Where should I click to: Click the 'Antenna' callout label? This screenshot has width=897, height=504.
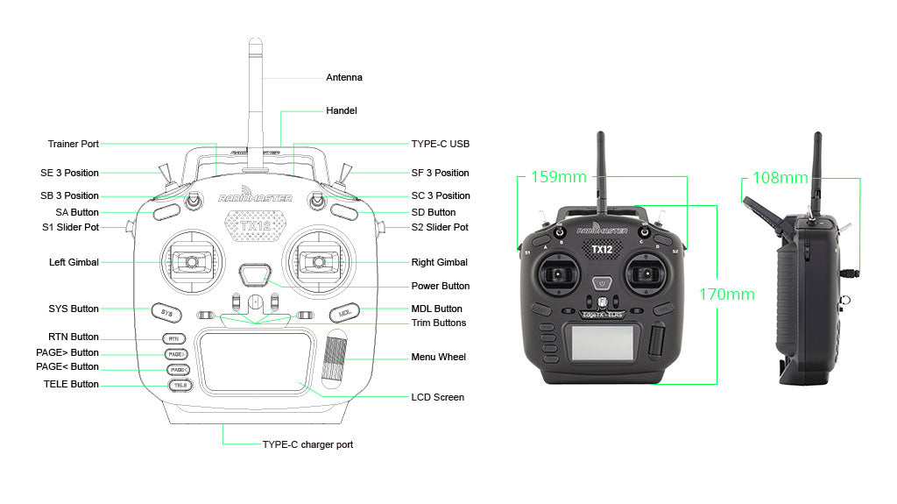click(343, 77)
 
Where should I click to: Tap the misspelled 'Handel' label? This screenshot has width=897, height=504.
click(341, 110)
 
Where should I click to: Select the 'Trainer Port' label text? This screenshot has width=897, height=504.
click(73, 144)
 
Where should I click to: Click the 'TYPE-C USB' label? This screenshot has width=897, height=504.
click(440, 144)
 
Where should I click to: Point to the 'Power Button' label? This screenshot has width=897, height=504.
click(440, 286)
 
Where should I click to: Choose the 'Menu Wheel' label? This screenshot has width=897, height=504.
click(438, 357)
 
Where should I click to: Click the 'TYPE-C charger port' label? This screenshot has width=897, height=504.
click(307, 444)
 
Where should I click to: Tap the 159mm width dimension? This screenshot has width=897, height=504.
click(558, 177)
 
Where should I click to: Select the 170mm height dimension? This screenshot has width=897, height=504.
click(726, 294)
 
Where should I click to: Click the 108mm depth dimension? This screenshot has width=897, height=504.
click(780, 178)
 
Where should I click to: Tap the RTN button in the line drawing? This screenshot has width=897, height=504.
click(174, 338)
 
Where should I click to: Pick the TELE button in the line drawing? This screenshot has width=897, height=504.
click(179, 385)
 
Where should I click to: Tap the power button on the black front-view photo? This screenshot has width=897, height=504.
click(602, 283)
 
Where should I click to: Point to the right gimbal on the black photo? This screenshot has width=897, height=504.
click(646, 275)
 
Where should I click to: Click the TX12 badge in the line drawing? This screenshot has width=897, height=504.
click(255, 226)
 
